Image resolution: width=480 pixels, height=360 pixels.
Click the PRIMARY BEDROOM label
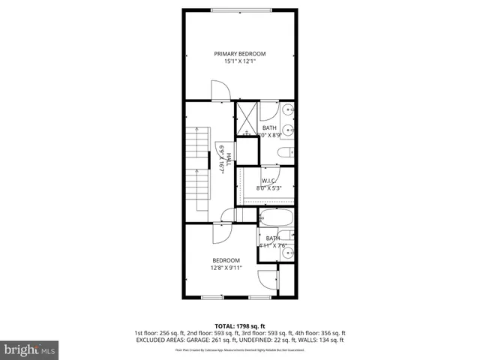coord(239,53)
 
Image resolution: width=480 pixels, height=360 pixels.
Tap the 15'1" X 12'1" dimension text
coord(239,61)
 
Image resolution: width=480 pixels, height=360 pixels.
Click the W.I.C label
coord(268,181)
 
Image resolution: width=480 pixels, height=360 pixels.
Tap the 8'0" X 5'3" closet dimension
coord(268,188)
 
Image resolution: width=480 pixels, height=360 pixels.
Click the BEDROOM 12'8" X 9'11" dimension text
coord(226,267)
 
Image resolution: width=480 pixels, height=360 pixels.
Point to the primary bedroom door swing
coord(220,91)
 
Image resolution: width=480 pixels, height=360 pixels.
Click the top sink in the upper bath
coord(289,110)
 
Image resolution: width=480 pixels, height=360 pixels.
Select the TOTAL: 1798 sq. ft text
coord(239,326)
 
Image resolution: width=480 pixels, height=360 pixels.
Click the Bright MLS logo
coord(30,349)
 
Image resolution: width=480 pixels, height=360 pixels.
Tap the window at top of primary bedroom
coord(239,9)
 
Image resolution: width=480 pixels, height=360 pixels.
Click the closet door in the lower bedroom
coord(267,279)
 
